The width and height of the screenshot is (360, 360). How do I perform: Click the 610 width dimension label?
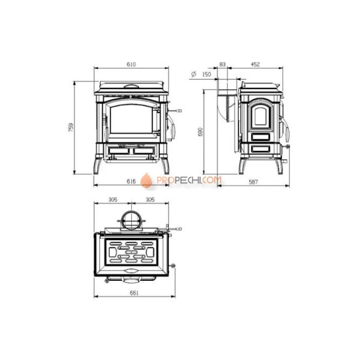[x=131, y=64]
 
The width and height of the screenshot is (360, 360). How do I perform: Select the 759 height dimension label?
[x=71, y=127]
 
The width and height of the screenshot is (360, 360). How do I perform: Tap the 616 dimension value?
[x=131, y=182]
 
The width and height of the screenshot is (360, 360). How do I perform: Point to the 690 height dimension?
[x=200, y=132]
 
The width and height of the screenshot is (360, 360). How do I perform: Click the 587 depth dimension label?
[x=253, y=182]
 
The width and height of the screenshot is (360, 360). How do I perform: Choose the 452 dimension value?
[x=255, y=64]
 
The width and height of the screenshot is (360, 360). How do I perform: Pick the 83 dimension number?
[x=223, y=64]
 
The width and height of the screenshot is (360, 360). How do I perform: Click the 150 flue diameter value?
[x=206, y=75]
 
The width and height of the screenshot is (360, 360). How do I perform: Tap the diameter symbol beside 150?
[x=193, y=74]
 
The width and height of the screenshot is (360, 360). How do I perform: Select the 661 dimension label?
[x=134, y=293]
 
